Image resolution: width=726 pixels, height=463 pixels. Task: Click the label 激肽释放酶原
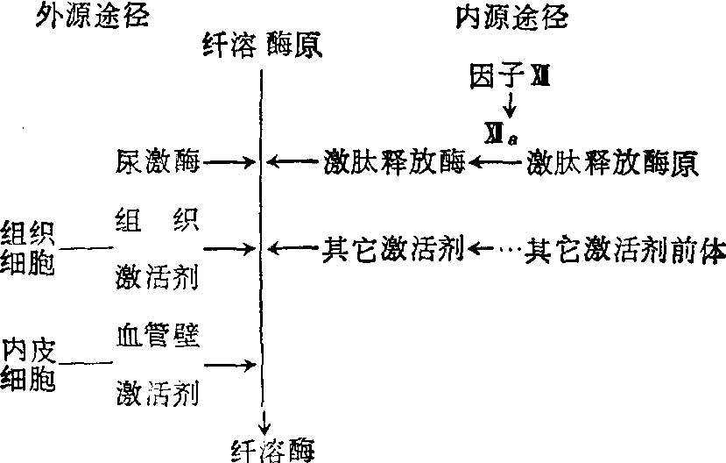tap(613, 162)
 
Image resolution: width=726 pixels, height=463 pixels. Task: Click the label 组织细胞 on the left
tap(27, 249)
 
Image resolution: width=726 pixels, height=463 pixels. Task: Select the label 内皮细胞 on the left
tap(27, 364)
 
